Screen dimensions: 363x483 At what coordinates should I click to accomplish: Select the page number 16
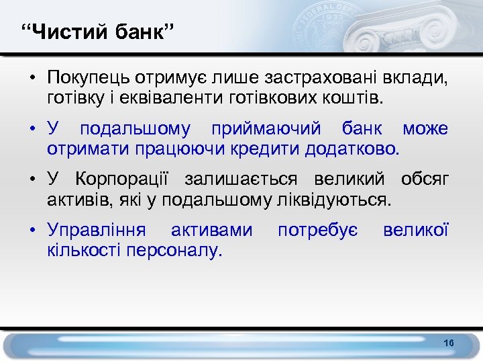pyautogui.click(x=449, y=344)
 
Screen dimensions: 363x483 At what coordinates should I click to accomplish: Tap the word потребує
pyautogui.click(x=317, y=231)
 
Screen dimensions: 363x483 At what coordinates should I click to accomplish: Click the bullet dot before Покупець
pyautogui.click(x=32, y=80)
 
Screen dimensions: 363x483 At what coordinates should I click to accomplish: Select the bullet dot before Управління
pyautogui.click(x=32, y=231)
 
